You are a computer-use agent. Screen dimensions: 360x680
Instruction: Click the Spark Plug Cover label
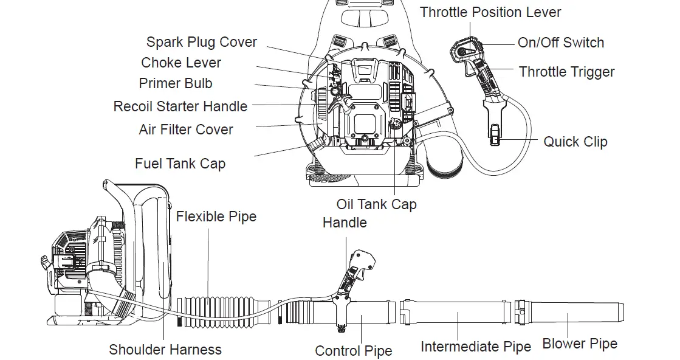click(x=201, y=43)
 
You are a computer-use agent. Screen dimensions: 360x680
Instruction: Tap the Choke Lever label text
click(x=181, y=63)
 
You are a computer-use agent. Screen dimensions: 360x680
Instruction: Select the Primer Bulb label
click(x=176, y=83)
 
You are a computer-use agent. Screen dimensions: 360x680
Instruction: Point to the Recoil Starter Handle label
click(x=180, y=106)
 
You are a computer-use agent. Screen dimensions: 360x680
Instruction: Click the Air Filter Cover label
click(x=186, y=130)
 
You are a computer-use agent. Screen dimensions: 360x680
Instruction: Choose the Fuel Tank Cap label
click(x=180, y=164)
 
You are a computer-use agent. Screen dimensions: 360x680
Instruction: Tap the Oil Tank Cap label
click(x=376, y=204)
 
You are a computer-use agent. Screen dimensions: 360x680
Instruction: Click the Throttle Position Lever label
click(x=490, y=12)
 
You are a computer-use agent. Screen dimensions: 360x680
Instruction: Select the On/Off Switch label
click(x=561, y=43)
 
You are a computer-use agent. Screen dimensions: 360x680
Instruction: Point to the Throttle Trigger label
click(x=566, y=72)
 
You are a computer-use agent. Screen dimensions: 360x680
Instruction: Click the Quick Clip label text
click(x=575, y=142)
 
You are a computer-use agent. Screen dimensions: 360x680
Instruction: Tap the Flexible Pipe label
click(x=216, y=216)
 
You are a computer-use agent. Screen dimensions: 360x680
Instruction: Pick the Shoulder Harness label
click(x=165, y=350)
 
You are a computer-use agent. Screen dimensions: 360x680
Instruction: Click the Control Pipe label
click(x=353, y=351)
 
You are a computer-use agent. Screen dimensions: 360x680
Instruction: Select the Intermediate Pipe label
click(x=476, y=347)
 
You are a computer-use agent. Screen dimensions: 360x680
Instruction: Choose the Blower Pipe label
click(x=580, y=344)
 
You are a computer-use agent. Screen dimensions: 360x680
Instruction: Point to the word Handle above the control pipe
click(x=345, y=223)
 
